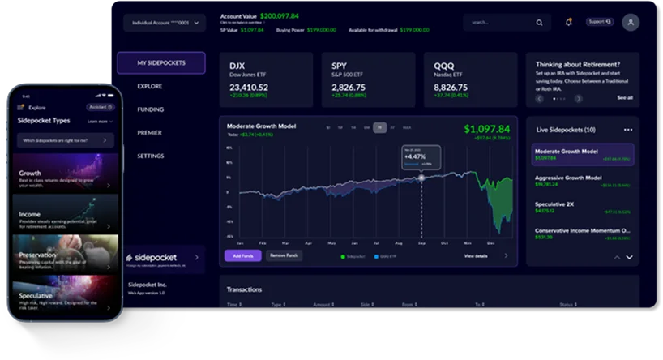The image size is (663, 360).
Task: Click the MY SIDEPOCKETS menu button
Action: [160, 62]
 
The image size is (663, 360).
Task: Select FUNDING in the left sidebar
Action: [150, 109]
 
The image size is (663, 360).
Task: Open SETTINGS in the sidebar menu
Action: [151, 156]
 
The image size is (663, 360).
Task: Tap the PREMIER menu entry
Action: [150, 132]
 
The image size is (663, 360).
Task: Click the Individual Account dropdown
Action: [165, 23]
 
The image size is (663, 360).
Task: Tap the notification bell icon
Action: [569, 22]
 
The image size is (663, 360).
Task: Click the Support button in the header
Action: [600, 22]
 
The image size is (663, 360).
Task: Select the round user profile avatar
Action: [631, 23]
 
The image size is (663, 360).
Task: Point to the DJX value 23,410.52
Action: [249, 87]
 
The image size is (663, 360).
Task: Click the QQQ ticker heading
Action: [445, 66]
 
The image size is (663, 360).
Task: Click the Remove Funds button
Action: [284, 255]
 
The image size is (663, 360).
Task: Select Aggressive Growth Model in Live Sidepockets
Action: [568, 178]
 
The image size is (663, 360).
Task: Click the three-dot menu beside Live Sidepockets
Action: [627, 130]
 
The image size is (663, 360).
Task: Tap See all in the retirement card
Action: [625, 98]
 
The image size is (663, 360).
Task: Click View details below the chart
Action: [476, 255]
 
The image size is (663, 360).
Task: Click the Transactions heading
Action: [244, 289]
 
